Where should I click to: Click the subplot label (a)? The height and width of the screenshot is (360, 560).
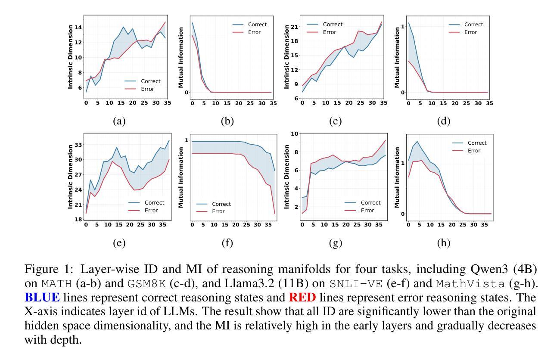119,121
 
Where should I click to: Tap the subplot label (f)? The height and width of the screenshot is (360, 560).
227,243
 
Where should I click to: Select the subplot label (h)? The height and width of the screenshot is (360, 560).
443,243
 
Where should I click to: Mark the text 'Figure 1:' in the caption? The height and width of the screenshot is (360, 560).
44,270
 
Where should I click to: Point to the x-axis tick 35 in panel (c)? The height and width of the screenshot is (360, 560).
384,103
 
